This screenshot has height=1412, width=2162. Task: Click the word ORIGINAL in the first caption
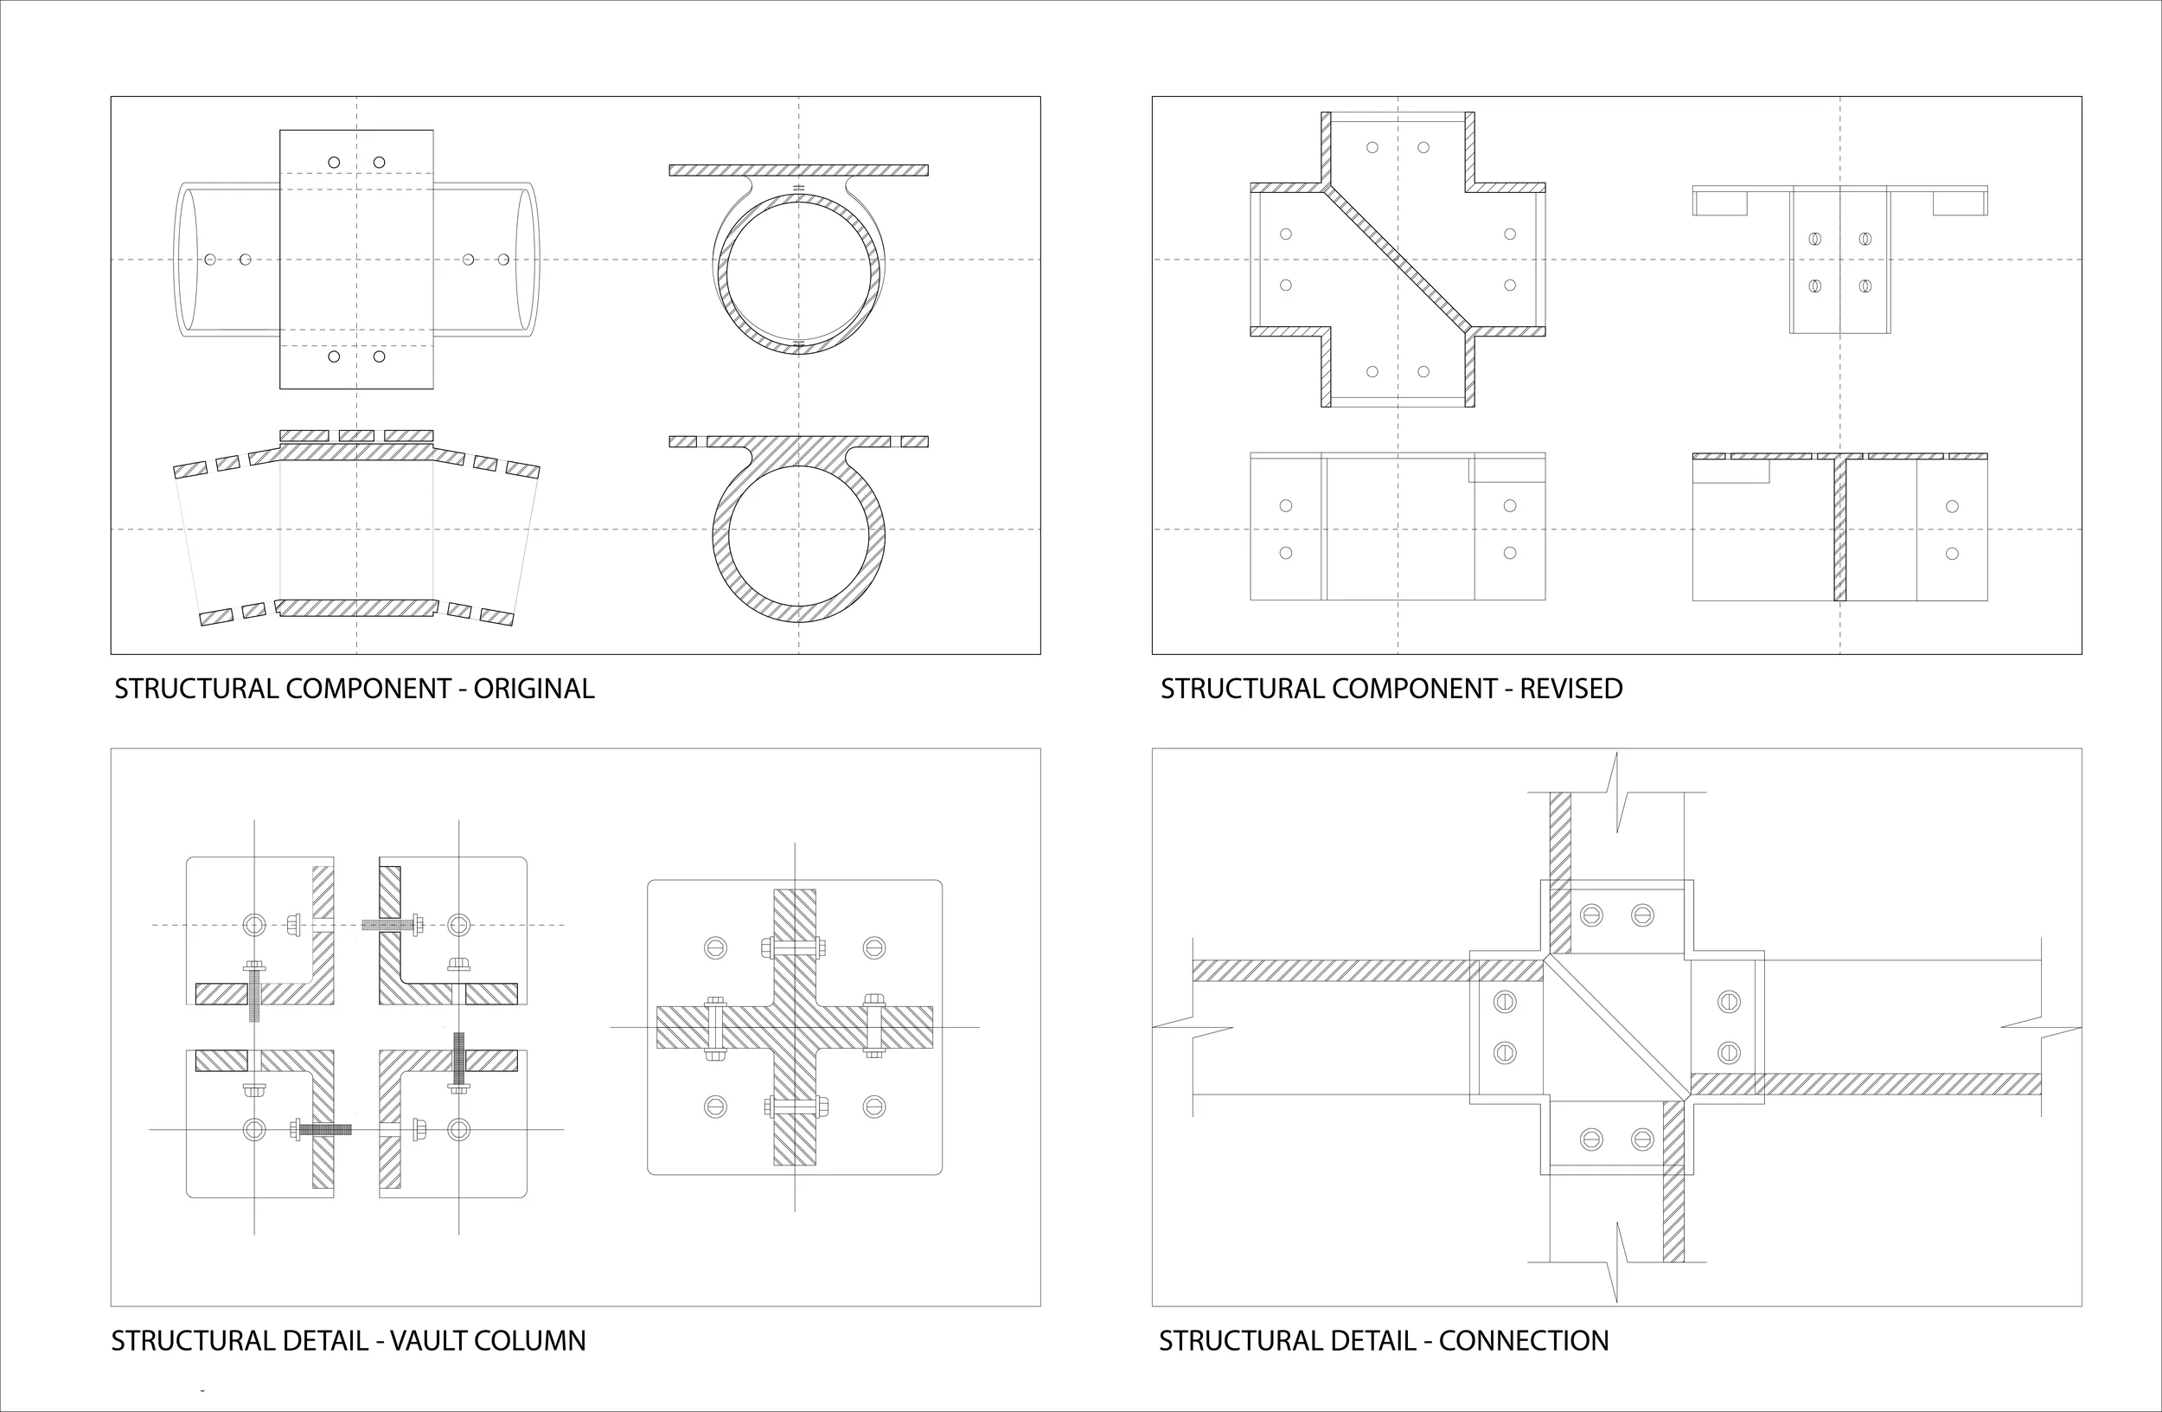click(x=534, y=689)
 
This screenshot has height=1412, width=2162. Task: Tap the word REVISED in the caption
click(x=1570, y=689)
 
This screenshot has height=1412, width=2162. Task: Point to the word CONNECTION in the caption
click(x=1524, y=1341)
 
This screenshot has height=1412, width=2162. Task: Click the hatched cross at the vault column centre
click(x=795, y=1027)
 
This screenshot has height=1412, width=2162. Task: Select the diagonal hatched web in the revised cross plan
click(x=1398, y=259)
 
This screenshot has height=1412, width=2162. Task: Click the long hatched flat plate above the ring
click(x=798, y=170)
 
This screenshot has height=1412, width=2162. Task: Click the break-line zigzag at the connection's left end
click(x=1193, y=1029)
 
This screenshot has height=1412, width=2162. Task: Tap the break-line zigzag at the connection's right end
click(x=2040, y=1029)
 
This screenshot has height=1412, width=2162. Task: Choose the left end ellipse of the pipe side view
click(x=186, y=260)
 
